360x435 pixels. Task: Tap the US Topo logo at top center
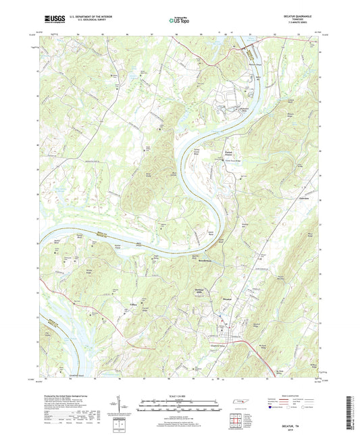[180, 21]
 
